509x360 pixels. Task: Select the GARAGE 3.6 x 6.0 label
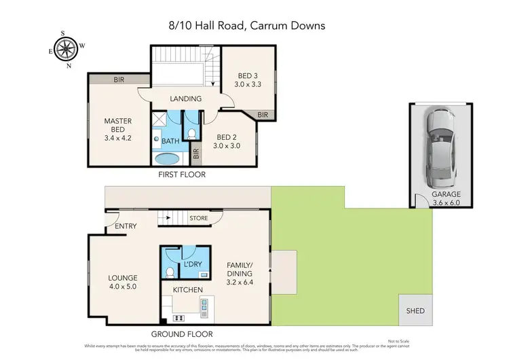446,198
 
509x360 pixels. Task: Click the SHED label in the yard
415,310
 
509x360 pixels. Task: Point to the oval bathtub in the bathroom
168,160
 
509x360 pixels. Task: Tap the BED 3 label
247,81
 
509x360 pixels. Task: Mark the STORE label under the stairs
198,218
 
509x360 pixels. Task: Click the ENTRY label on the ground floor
126,226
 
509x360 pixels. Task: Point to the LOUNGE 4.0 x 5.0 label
123,282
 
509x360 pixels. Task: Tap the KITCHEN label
187,290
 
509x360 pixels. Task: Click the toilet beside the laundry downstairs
170,271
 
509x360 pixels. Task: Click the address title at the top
247,25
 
